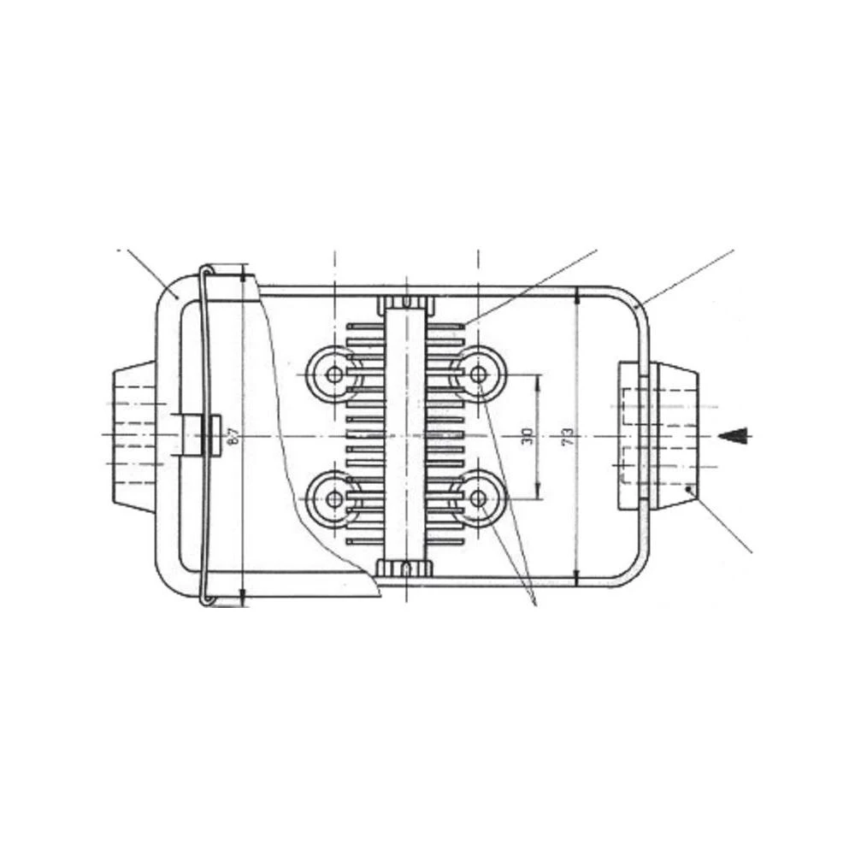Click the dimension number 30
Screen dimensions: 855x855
coord(528,436)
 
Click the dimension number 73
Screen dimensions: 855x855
coord(565,437)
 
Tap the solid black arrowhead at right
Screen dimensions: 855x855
coord(734,435)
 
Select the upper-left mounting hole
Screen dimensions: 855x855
coord(333,374)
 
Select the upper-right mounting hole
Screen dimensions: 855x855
coord(477,374)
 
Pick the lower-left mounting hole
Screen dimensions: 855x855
coord(333,497)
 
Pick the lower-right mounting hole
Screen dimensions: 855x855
coord(477,497)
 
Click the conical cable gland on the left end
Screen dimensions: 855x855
coord(133,435)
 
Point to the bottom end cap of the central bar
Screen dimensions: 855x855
coord(407,567)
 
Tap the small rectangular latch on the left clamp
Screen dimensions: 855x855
coord(215,435)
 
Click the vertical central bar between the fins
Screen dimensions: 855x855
coord(407,435)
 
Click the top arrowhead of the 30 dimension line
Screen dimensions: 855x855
coord(538,380)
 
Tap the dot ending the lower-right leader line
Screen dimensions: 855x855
coord(690,489)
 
